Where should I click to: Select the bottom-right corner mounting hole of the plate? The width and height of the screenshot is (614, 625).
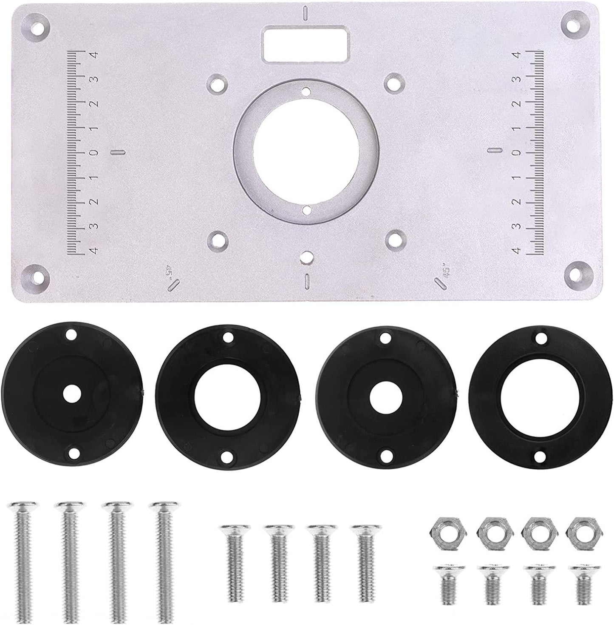577,274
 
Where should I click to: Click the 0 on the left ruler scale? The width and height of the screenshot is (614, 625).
94,152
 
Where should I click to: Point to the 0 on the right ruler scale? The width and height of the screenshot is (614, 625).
518,152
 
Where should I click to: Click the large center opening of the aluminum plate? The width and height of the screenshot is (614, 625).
306,152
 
